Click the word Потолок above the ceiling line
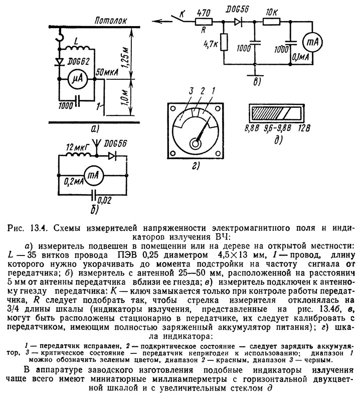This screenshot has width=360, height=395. pyautogui.click(x=110, y=21)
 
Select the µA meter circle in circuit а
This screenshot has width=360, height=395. pyautogui.click(x=77, y=79)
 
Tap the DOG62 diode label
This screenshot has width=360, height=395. pyautogui.click(x=78, y=61)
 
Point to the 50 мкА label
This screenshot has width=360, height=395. pyautogui.click(x=107, y=73)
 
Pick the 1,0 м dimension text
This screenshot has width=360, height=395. pyautogui.click(x=125, y=97)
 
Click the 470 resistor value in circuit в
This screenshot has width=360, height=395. pyautogui.click(x=203, y=13)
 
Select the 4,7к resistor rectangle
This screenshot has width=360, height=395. pyautogui.click(x=224, y=42)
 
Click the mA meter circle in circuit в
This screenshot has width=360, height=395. pyautogui.click(x=312, y=42)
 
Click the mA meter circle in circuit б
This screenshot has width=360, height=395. pyautogui.click(x=93, y=175)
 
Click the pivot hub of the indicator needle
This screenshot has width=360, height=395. pyautogui.click(x=195, y=144)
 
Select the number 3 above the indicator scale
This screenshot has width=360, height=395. pyautogui.click(x=191, y=91)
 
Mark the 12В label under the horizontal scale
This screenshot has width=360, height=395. pyautogui.click(x=304, y=128)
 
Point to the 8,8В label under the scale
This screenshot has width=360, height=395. pyautogui.click(x=252, y=128)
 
